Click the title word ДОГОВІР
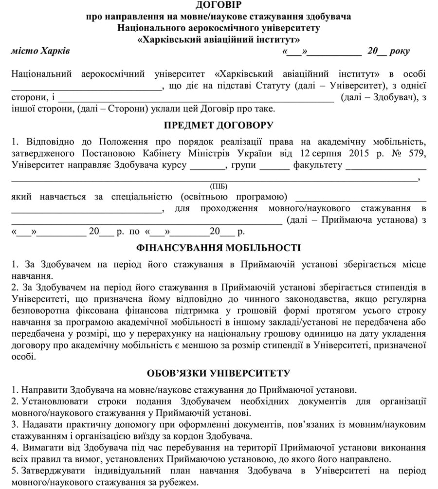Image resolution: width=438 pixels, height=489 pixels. click(x=219, y=5)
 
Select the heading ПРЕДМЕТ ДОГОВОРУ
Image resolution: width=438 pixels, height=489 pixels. click(x=219, y=125)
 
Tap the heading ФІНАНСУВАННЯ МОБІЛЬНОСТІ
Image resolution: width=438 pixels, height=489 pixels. click(x=219, y=248)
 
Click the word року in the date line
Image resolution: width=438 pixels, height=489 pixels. click(x=400, y=51)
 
